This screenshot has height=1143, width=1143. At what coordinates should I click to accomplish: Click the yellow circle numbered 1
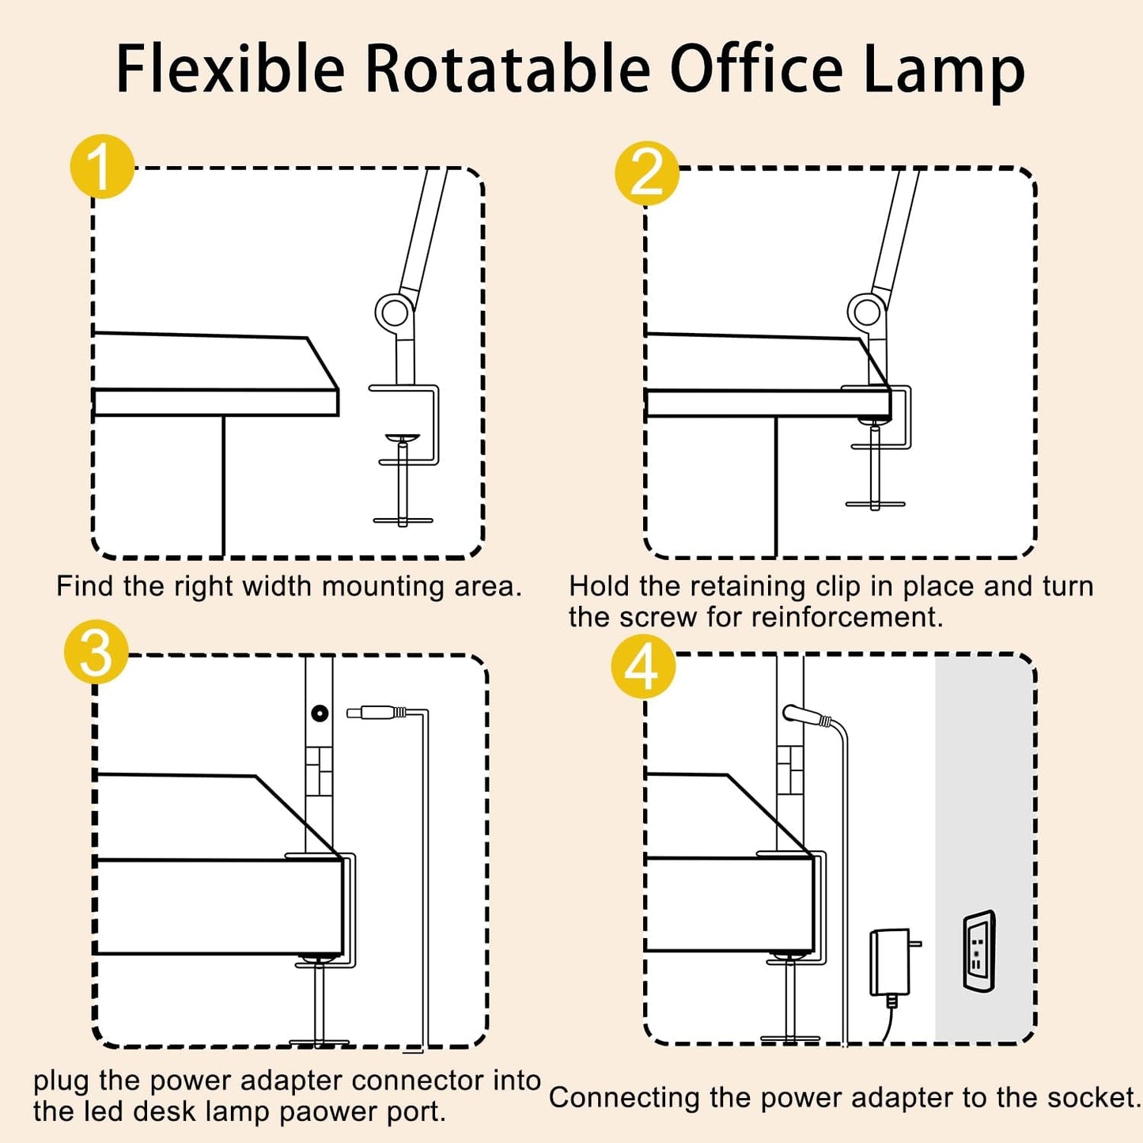[102, 167]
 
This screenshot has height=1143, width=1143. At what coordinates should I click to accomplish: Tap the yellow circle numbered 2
[647, 172]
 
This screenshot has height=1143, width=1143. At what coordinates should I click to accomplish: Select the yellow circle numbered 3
[96, 652]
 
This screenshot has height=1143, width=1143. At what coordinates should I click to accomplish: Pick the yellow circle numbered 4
[642, 667]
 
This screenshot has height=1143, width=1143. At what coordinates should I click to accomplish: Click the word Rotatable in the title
[507, 70]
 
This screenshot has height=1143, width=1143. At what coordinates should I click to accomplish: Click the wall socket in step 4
[978, 951]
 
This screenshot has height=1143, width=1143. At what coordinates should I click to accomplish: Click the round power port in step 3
[320, 713]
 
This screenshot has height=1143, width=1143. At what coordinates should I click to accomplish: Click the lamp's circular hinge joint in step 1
[392, 312]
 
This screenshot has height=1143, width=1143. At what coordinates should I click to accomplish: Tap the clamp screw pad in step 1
[403, 437]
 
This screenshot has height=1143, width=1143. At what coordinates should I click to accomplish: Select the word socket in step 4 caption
[1092, 1097]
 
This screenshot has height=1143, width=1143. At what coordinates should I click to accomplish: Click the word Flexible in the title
[230, 70]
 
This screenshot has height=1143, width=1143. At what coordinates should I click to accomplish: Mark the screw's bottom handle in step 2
[875, 504]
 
